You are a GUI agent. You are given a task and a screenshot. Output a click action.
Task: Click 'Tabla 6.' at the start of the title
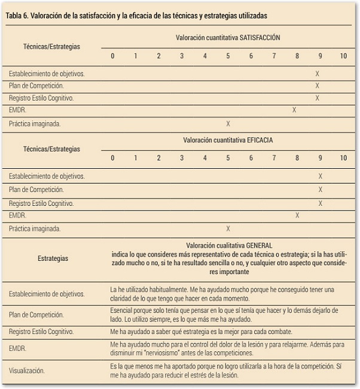(19, 15)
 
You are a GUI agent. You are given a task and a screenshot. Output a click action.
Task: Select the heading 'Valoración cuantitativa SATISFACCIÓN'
(228, 37)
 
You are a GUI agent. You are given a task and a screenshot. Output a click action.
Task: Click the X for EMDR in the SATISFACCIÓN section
(294, 110)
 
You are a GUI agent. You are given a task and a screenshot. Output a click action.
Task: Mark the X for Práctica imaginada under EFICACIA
(228, 228)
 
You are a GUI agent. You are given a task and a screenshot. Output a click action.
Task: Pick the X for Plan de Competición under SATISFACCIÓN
(317, 86)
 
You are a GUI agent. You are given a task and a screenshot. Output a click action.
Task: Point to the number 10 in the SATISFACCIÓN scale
(343, 56)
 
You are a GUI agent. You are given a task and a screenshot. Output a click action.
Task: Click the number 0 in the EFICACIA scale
(112, 158)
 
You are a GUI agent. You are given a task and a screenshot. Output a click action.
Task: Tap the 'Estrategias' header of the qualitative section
(53, 259)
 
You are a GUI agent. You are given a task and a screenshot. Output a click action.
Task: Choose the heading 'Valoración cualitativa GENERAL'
(229, 245)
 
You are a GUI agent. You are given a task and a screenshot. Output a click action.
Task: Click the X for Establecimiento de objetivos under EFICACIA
(321, 177)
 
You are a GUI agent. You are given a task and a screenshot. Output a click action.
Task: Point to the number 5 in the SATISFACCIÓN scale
(228, 56)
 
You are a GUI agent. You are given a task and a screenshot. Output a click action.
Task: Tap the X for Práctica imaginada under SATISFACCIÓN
(228, 124)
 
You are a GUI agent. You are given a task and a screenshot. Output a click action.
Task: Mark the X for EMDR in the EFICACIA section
(297, 215)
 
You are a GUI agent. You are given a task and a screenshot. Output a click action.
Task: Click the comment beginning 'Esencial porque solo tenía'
(225, 311)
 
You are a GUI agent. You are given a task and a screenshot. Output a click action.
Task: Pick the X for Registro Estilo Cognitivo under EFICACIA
(321, 203)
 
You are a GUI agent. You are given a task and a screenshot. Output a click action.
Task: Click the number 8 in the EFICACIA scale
(297, 158)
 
